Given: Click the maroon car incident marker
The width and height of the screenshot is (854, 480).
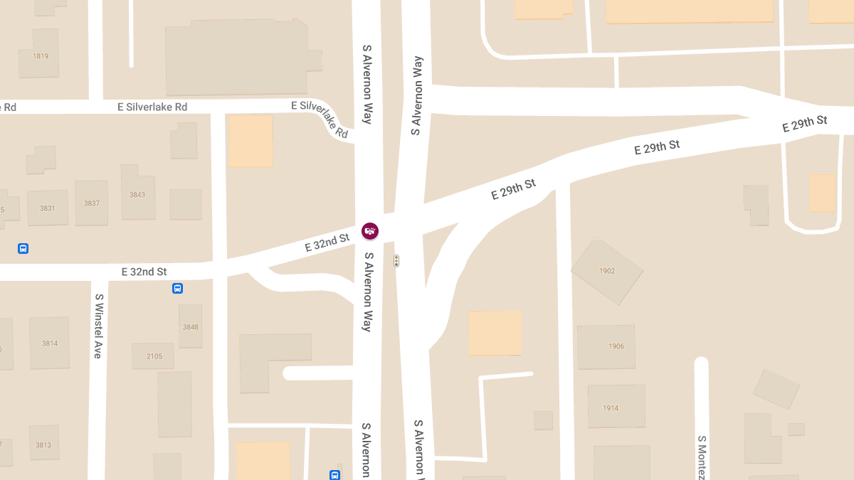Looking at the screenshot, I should pyautogui.click(x=370, y=231).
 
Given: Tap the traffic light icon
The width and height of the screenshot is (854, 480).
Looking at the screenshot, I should pyautogui.click(x=396, y=262).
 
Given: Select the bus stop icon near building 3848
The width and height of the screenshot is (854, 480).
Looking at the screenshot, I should pyautogui.click(x=177, y=288).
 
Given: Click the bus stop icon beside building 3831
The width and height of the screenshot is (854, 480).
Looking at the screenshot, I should pyautogui.click(x=23, y=249).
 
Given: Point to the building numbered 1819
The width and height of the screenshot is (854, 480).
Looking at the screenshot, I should pyautogui.click(x=40, y=55).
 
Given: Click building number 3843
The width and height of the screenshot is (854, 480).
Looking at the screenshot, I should pyautogui.click(x=137, y=194).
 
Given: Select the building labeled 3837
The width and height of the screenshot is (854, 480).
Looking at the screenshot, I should pyautogui.click(x=92, y=203).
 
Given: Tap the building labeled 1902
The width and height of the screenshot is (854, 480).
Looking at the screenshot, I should pyautogui.click(x=607, y=271).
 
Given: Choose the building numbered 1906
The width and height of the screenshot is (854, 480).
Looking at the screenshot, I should pyautogui.click(x=616, y=346).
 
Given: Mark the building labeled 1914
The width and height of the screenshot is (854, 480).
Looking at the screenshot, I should pyautogui.click(x=611, y=408).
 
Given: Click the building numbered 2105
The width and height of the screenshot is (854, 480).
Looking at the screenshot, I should pyautogui.click(x=154, y=356).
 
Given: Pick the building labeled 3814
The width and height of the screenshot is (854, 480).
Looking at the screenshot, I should pyautogui.click(x=50, y=343).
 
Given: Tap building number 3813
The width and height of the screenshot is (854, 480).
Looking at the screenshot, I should pyautogui.click(x=43, y=445).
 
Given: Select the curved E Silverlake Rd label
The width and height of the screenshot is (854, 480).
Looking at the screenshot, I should pyautogui.click(x=322, y=117).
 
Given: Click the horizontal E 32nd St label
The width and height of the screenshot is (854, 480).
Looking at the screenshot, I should pyautogui.click(x=144, y=272).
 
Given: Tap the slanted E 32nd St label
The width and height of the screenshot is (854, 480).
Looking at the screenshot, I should pyautogui.click(x=327, y=242).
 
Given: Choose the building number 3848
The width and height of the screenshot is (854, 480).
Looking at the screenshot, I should pyautogui.click(x=190, y=327).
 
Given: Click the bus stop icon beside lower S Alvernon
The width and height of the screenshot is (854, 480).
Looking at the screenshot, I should pyautogui.click(x=334, y=475).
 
